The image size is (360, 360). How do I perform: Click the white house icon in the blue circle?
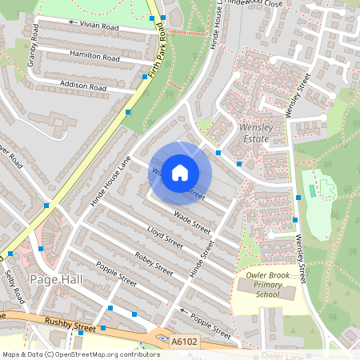(x=180, y=172)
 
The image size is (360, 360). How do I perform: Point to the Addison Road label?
(x=82, y=85)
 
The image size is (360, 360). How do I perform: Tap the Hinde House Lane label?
(x=110, y=181)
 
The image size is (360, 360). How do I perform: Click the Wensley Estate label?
(x=256, y=134)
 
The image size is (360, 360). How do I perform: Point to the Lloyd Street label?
(x=166, y=238)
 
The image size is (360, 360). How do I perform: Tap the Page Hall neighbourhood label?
(x=53, y=279)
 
